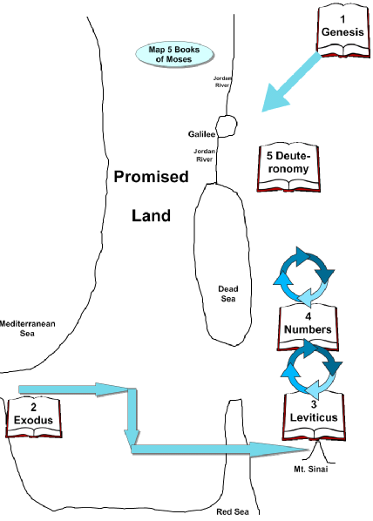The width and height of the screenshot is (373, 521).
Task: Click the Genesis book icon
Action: point(343,31)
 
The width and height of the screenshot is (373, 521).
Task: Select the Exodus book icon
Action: point(34,417)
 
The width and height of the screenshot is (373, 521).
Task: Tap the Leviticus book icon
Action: point(314,417)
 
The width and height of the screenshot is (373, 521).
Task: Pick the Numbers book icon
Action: point(309,328)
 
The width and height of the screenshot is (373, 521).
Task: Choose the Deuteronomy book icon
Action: point(288,167)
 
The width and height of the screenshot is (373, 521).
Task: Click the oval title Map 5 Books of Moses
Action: point(174,54)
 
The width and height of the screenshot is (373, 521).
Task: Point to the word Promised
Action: point(152,177)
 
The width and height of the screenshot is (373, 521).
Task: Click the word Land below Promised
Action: point(152,216)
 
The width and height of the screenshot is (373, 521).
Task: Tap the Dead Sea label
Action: point(228,294)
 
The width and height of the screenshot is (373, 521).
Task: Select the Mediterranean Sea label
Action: point(27,328)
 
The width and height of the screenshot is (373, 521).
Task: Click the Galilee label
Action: point(202,134)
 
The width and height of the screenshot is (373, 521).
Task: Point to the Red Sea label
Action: point(233,511)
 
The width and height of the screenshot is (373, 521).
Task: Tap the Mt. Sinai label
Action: point(311,470)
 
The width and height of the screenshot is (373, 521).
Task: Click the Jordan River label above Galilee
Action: point(222,82)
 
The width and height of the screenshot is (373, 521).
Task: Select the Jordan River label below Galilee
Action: point(205,155)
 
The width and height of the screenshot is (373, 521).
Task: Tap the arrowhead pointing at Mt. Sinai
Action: point(279,450)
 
